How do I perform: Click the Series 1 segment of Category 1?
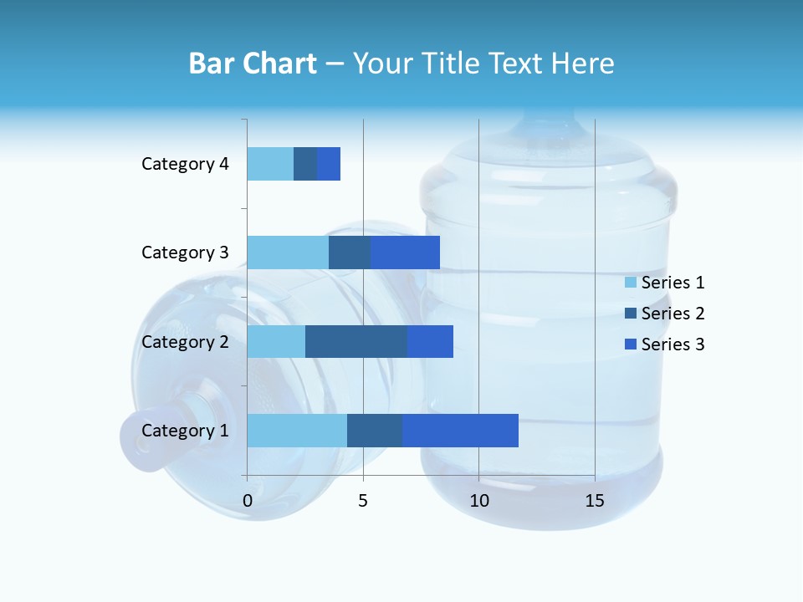[297, 431]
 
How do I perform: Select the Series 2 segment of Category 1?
[375, 431]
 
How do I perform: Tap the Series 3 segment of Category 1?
[460, 431]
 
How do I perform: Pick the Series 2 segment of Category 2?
[356, 341]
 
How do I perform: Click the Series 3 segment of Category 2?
[430, 341]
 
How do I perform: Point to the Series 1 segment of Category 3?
[288, 253]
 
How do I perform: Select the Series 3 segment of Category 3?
[405, 253]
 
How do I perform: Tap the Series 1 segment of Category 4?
[270, 164]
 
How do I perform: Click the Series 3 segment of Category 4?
[329, 164]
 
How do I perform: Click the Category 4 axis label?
[185, 164]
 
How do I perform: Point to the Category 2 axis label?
[185, 341]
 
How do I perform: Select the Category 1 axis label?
[185, 431]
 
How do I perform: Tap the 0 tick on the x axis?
[248, 501]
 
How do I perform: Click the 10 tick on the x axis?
[478, 501]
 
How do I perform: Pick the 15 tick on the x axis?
[595, 501]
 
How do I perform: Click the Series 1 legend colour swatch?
[631, 283]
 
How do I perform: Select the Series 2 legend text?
[673, 314]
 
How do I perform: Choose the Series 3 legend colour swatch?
[631, 344]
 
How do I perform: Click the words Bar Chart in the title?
[252, 64]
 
